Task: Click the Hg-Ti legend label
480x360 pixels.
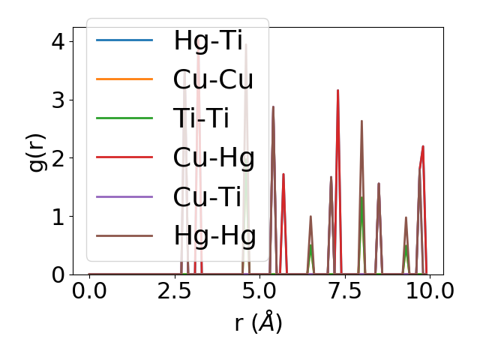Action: tap(208, 40)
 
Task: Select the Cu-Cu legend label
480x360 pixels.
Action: tap(213, 79)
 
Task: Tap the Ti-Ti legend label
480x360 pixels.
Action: tap(201, 118)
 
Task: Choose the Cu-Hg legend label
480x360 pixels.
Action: tap(214, 157)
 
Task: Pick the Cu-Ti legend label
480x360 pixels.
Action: tap(207, 196)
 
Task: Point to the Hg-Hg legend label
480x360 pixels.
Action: tap(214, 235)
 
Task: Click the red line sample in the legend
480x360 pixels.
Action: tap(124, 157)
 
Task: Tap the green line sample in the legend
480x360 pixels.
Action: tap(124, 118)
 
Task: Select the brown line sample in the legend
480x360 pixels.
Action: tap(124, 235)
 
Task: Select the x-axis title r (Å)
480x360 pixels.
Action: tap(258, 322)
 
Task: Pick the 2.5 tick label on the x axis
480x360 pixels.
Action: tap(174, 290)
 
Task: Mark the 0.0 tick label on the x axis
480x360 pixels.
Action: tap(89, 290)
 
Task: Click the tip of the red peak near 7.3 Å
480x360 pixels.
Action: tap(338, 90)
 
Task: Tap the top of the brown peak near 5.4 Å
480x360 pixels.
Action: tap(273, 106)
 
